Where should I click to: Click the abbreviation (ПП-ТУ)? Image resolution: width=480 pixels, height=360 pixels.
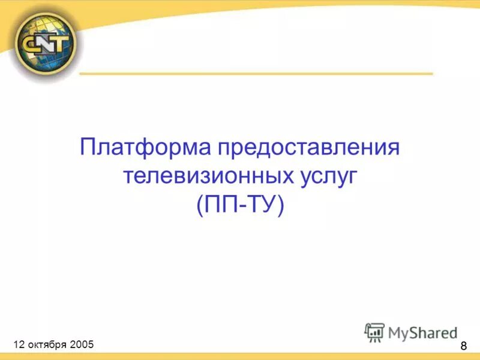tap(239, 206)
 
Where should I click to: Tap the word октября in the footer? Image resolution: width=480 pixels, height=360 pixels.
tap(47, 344)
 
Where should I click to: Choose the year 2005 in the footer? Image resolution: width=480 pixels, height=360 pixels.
tap(82, 344)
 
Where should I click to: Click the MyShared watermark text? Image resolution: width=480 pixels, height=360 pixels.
tap(423, 332)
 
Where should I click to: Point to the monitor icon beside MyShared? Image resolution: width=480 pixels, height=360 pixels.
tap(374, 332)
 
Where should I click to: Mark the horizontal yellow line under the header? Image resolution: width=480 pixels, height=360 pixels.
tap(256, 74)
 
